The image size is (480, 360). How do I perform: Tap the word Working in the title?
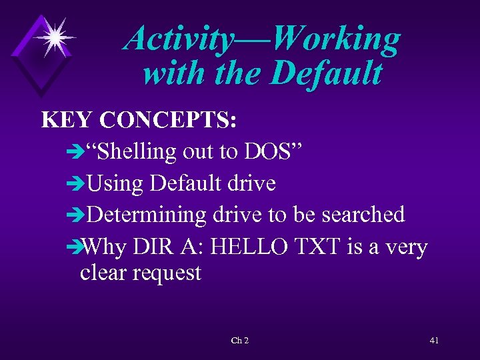click(x=336, y=39)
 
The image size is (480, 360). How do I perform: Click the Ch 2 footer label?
click(x=239, y=341)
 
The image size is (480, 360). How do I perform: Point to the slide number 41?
click(x=434, y=341)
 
